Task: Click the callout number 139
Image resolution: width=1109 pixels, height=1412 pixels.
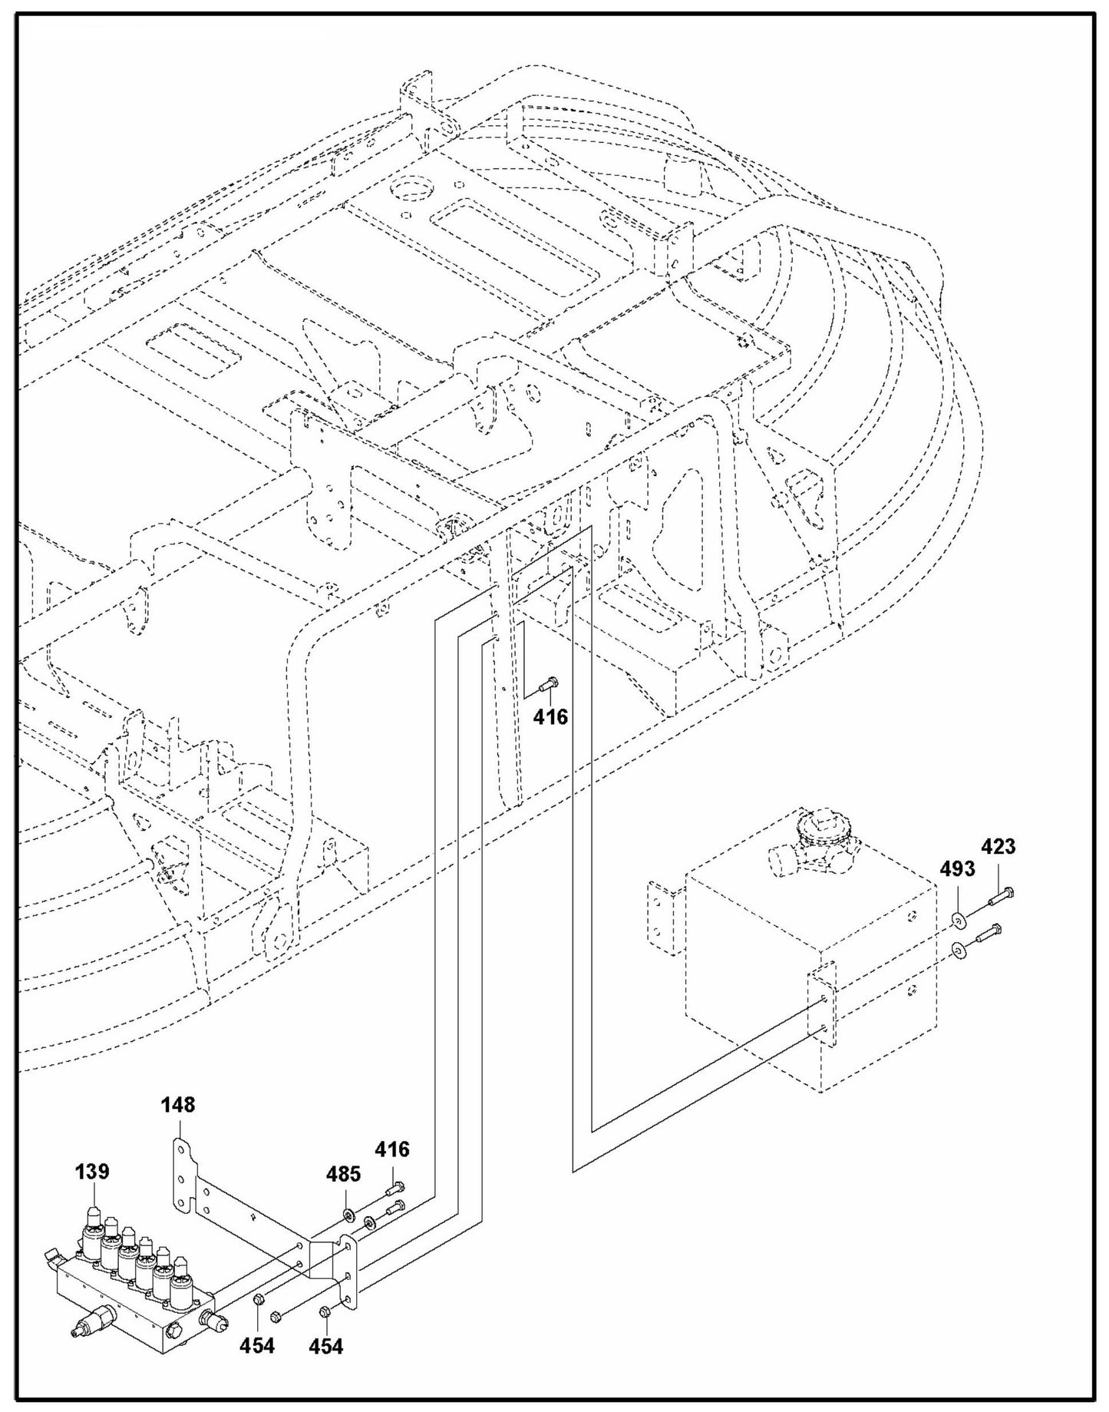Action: [x=91, y=1172]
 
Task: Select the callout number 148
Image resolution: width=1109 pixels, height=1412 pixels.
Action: [x=178, y=1104]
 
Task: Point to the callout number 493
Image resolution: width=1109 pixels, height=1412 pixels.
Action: [x=957, y=868]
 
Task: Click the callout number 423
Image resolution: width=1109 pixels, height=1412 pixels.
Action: [x=998, y=846]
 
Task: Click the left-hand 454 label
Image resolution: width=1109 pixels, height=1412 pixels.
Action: [x=256, y=1344]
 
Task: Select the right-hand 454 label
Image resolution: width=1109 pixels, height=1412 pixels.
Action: [x=325, y=1344]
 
